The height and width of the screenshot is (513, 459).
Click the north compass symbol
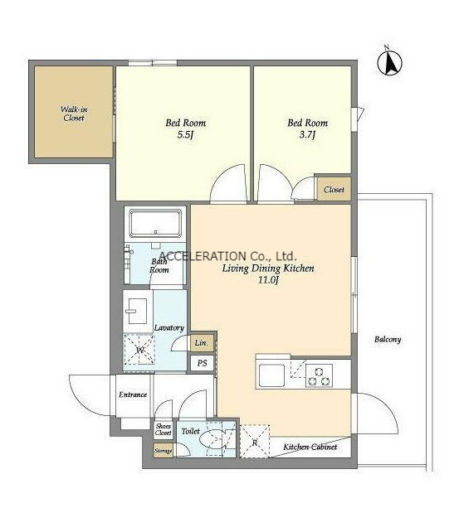pyautogui.click(x=389, y=63)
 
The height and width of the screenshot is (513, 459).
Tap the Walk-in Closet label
pyautogui.click(x=74, y=114)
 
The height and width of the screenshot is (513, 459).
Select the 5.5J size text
pyautogui.click(x=184, y=135)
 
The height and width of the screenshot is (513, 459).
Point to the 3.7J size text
pyautogui.click(x=307, y=135)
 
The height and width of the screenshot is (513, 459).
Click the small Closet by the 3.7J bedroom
pyautogui.click(x=334, y=189)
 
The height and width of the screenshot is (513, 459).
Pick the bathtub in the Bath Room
pyautogui.click(x=155, y=224)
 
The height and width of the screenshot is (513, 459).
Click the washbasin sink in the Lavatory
pyautogui.click(x=137, y=311)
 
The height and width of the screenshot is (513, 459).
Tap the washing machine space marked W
pyautogui.click(x=140, y=350)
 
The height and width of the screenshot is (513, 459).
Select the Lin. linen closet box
pyautogui.click(x=202, y=342)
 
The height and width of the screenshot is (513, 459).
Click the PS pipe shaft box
pyautogui.click(x=203, y=363)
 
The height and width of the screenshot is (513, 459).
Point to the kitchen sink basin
pyautogui.click(x=271, y=375)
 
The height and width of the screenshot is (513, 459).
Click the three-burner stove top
pyautogui.click(x=319, y=376)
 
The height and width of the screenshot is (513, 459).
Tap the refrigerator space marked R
pyautogui.click(x=255, y=442)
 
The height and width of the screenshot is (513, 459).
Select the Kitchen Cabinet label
pyautogui.click(x=310, y=447)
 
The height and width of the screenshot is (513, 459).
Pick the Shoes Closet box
pyautogui.click(x=164, y=429)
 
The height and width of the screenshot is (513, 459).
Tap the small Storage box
pyautogui.click(x=164, y=451)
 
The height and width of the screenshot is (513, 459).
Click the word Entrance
pyautogui.click(x=133, y=394)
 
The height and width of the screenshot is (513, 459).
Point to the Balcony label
pyautogui.click(x=388, y=339)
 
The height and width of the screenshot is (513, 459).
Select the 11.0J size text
pyautogui.click(x=268, y=280)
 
